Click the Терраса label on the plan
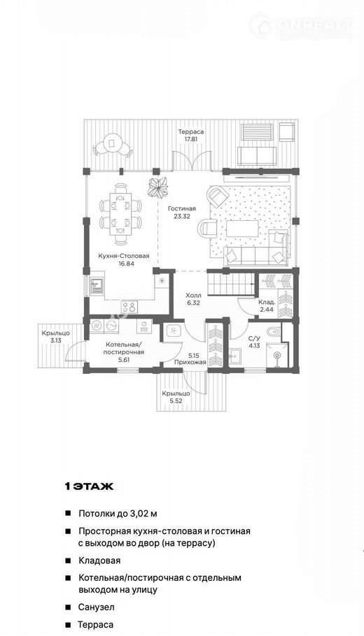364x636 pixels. click(190, 132)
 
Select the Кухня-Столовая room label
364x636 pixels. click(123, 256)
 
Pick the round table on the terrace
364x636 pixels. click(112, 143)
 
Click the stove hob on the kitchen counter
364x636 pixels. click(130, 306)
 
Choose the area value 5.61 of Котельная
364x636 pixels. click(124, 359)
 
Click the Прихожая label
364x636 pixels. click(190, 362)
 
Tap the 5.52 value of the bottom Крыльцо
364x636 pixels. click(175, 401)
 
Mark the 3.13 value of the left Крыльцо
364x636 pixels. click(56, 341)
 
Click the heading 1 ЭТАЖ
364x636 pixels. click(89, 486)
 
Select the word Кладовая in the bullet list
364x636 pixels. click(99, 561)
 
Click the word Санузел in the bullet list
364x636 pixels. click(97, 607)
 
